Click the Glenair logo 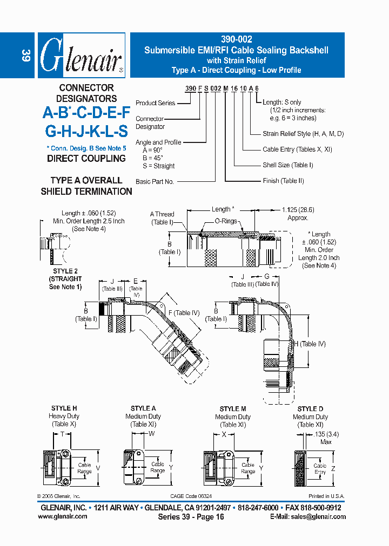tap(81, 56)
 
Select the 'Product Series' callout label tap(155, 103)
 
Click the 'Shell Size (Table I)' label tap(288, 165)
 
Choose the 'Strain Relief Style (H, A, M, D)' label tap(303, 134)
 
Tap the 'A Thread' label tap(162, 214)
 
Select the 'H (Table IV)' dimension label tap(309, 344)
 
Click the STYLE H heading tap(64, 408)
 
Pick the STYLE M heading tap(233, 409)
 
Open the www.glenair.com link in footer tap(62, 516)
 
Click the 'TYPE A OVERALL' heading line tap(86, 180)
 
